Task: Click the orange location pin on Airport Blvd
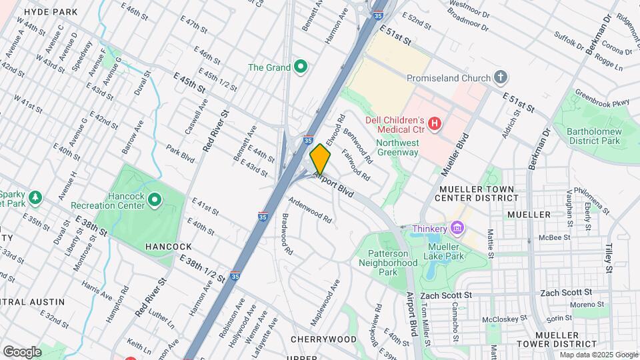tap(320, 159)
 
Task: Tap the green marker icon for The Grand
tap(301, 67)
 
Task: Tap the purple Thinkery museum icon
tap(457, 229)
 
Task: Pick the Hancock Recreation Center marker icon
tap(155, 199)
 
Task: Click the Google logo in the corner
tap(22, 352)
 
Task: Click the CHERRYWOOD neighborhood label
tap(323, 339)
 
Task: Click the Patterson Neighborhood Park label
tap(388, 263)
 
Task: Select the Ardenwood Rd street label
tap(310, 209)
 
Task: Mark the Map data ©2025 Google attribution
tap(599, 355)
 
